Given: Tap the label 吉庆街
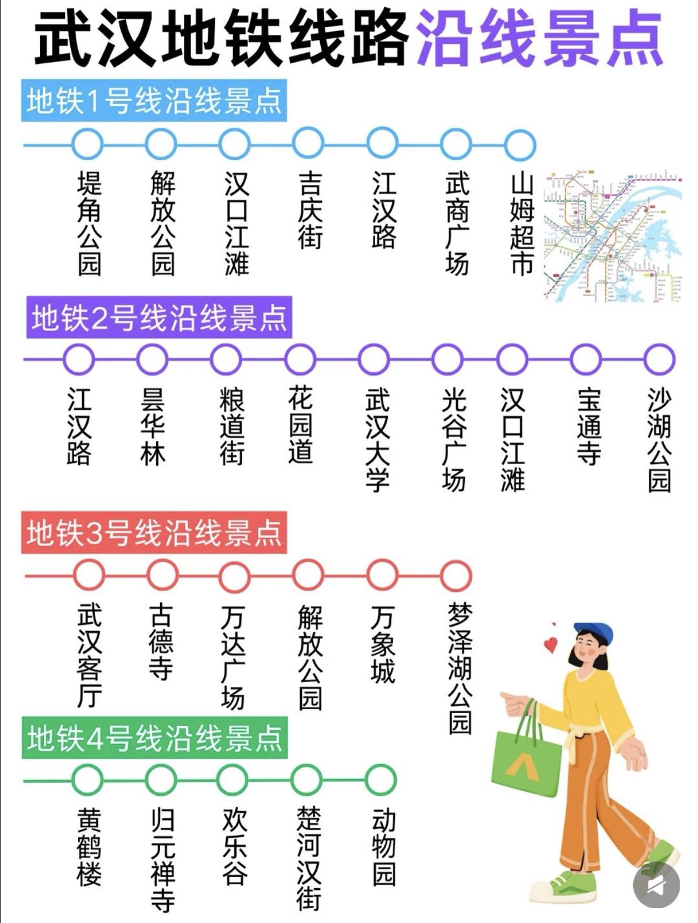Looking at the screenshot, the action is [x=309, y=210].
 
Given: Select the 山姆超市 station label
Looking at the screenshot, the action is [x=521, y=224].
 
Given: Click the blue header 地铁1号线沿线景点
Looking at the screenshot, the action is [x=154, y=101].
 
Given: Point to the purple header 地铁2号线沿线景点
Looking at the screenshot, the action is [x=159, y=318].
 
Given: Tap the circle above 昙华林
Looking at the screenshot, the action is [x=152, y=359].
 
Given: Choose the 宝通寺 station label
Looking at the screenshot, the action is [x=588, y=426].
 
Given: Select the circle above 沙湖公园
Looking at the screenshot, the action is [x=659, y=359].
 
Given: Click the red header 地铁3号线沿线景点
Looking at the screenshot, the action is [x=154, y=533].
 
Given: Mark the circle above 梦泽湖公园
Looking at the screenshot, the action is [x=456, y=575].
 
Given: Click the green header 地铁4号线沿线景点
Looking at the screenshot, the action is [x=155, y=738].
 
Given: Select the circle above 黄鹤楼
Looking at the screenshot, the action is [x=88, y=780].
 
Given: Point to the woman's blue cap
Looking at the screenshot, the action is [x=596, y=632].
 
